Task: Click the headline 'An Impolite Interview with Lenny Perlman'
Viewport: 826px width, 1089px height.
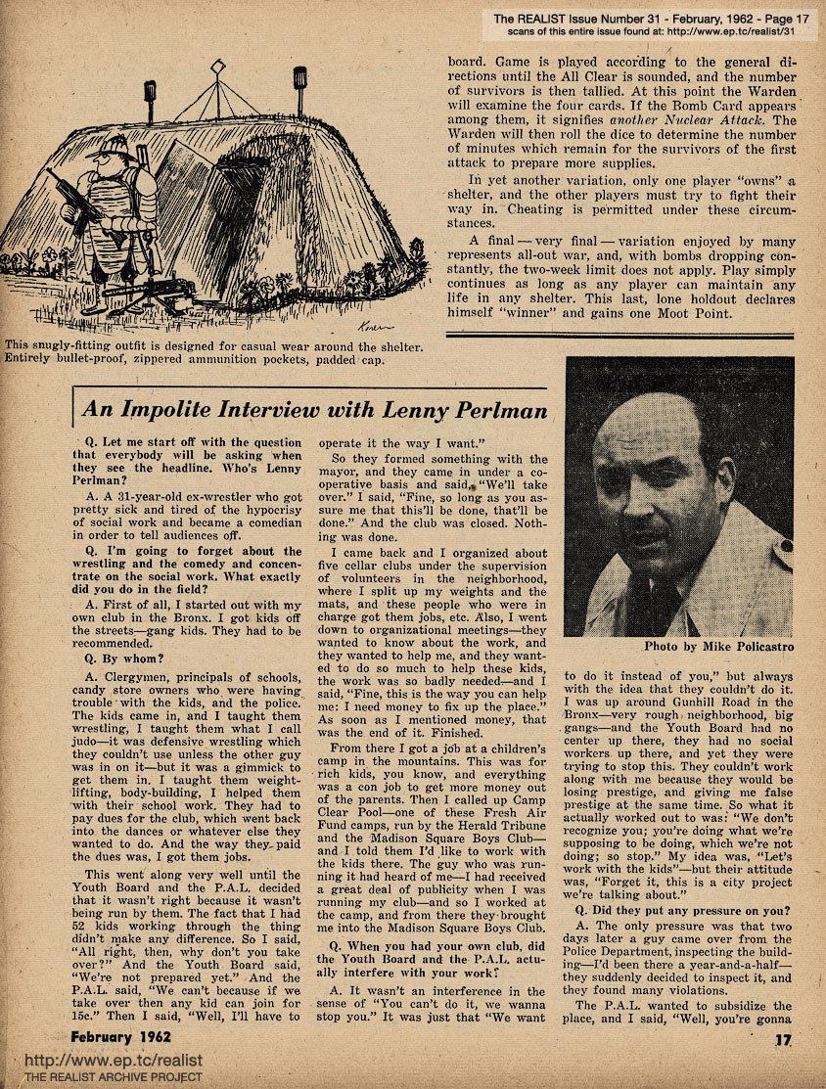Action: tap(314, 411)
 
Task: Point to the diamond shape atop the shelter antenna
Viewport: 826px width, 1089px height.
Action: tap(217, 67)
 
